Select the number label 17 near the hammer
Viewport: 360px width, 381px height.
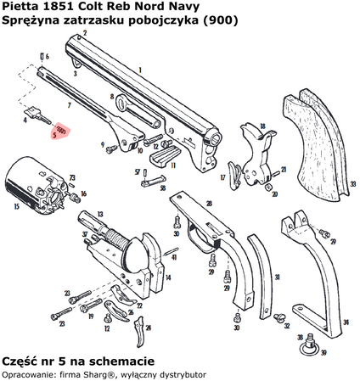tap(224, 177)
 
